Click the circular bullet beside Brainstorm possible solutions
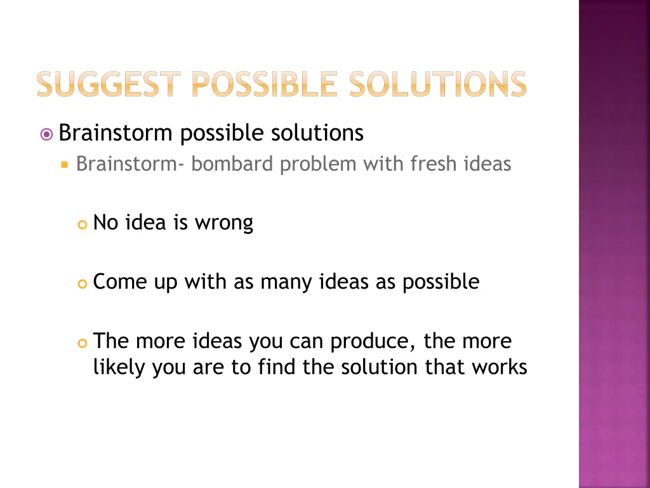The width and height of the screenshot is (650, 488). point(46,134)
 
